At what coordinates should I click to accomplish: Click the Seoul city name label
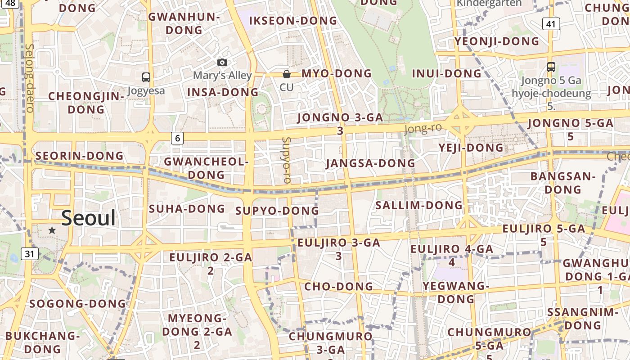pyautogui.click(x=88, y=218)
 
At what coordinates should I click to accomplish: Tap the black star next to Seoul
pyautogui.click(x=52, y=230)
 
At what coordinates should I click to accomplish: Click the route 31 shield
pyautogui.click(x=29, y=254)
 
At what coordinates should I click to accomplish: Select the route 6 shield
pyautogui.click(x=177, y=138)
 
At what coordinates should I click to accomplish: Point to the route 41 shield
pyautogui.click(x=551, y=23)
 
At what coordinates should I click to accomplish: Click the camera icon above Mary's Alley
pyautogui.click(x=222, y=62)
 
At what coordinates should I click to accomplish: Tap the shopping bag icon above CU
pyautogui.click(x=287, y=74)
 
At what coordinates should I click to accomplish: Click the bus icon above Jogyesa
pyautogui.click(x=146, y=77)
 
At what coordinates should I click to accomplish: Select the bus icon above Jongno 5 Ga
pyautogui.click(x=551, y=67)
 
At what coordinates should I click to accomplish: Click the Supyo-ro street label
pyautogui.click(x=287, y=160)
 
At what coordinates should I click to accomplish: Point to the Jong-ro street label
pyautogui.click(x=423, y=129)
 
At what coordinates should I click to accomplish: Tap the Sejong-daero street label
pyautogui.click(x=30, y=77)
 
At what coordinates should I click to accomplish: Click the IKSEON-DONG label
pyautogui.click(x=293, y=21)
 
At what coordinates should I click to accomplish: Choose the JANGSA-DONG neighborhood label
pyautogui.click(x=370, y=163)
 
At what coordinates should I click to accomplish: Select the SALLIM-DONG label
pyautogui.click(x=419, y=205)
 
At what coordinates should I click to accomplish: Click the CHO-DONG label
pyautogui.click(x=339, y=286)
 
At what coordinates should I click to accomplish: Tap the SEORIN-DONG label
pyautogui.click(x=80, y=156)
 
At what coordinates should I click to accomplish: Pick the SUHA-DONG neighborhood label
pyautogui.click(x=187, y=208)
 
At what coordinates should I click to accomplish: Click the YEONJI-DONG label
pyautogui.click(x=497, y=41)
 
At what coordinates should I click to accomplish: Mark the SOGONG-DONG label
pyautogui.click(x=77, y=303)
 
